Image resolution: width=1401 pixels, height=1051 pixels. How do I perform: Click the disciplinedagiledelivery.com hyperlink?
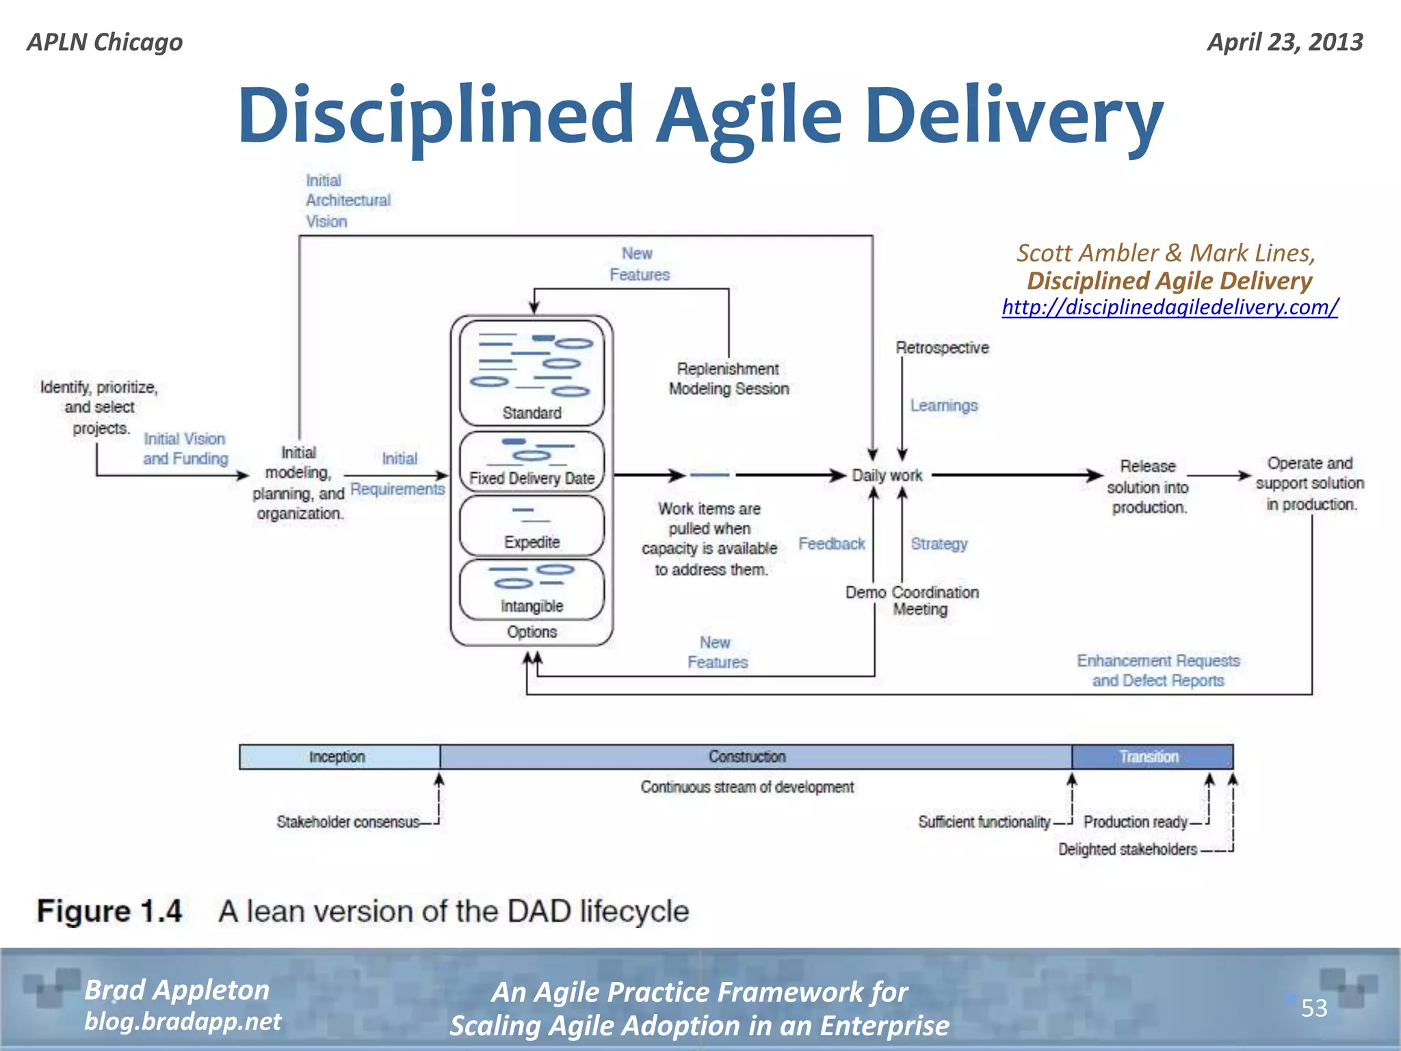1170,307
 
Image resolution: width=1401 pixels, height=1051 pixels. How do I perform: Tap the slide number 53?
1313,1008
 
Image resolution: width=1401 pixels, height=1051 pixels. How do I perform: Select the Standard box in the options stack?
532,374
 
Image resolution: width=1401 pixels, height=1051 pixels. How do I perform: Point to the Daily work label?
887,476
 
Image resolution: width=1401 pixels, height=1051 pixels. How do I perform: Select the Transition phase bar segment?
1151,757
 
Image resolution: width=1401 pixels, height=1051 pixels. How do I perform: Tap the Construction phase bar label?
747,757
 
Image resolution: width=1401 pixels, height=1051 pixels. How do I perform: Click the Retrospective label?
942,348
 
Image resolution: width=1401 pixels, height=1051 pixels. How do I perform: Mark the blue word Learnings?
943,406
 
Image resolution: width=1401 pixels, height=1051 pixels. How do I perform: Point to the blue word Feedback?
831,544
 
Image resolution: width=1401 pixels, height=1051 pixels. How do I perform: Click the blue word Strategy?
939,544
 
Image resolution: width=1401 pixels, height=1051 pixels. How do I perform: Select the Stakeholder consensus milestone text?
348,822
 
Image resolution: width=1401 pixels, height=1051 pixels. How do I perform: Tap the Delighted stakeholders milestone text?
1127,849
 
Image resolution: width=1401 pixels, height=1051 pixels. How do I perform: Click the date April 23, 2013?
1285,42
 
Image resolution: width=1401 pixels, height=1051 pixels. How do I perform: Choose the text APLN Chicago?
105,42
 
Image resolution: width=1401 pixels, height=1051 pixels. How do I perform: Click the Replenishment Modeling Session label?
729,378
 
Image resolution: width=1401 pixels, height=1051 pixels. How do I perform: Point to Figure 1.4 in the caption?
109,911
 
